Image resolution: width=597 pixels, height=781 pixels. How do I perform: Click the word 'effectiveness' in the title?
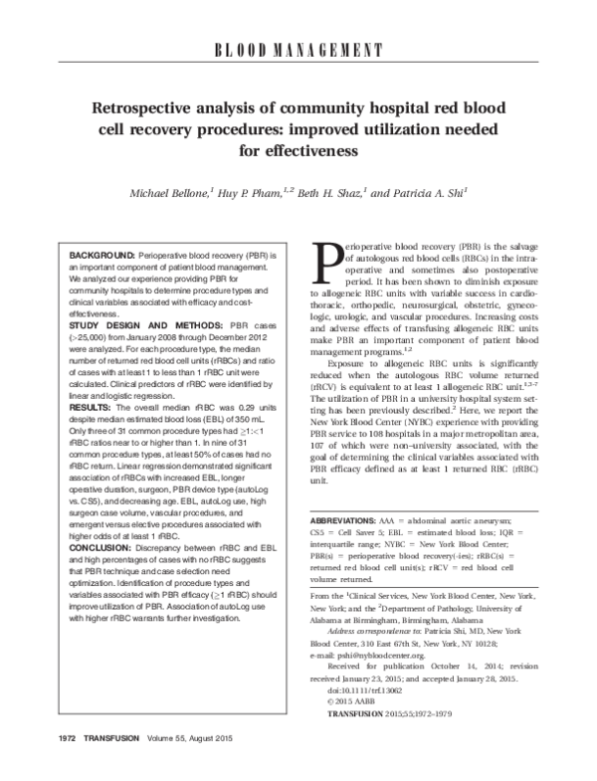297,152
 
